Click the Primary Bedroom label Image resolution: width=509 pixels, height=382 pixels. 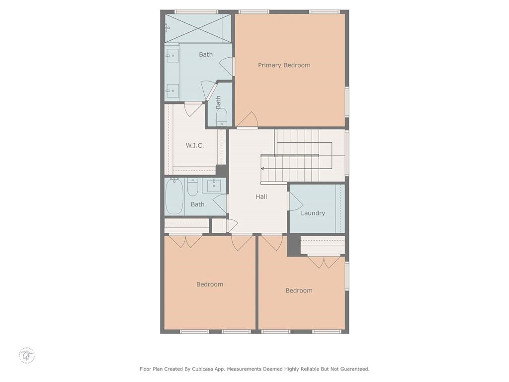click(x=284, y=65)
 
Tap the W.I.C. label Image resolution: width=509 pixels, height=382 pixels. click(x=195, y=145)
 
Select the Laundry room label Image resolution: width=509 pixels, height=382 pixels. click(x=313, y=213)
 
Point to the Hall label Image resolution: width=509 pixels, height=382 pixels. click(x=261, y=196)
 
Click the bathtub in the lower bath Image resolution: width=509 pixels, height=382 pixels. click(x=174, y=196)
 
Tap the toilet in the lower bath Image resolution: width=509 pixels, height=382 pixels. click(x=193, y=187)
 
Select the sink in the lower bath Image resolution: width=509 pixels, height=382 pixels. click(x=214, y=185)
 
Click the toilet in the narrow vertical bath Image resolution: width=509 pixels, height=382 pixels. click(x=222, y=117)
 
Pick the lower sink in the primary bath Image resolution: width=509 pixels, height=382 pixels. click(x=172, y=90)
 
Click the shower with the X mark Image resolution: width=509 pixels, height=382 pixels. click(x=198, y=28)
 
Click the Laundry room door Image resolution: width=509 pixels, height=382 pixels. click(x=295, y=201)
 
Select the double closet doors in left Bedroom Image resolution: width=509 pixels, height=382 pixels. click(x=185, y=241)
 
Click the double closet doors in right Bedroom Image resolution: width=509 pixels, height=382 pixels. click(x=324, y=262)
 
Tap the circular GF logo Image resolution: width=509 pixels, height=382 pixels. click(x=27, y=355)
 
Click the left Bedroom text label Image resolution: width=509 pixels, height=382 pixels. click(x=210, y=284)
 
